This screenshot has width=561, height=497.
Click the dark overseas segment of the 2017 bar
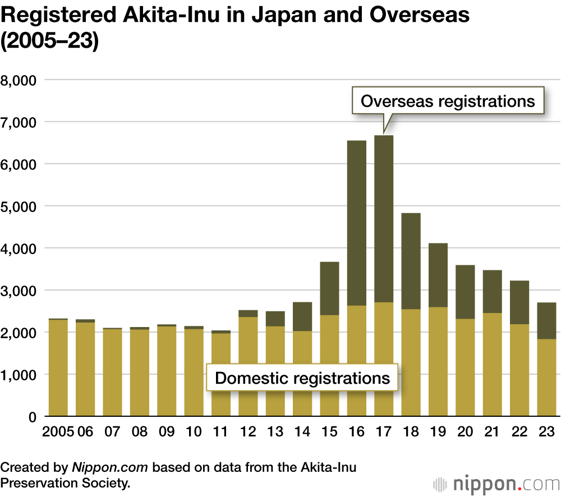[384, 219]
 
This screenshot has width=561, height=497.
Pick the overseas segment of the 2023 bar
[546, 320]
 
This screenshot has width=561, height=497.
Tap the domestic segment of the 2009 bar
[167, 371]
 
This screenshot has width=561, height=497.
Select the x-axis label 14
[302, 432]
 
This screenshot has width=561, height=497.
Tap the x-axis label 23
[546, 432]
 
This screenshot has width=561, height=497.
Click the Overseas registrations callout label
[448, 102]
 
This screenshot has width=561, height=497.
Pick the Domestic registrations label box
[302, 378]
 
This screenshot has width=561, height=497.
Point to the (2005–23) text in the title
[49, 43]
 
